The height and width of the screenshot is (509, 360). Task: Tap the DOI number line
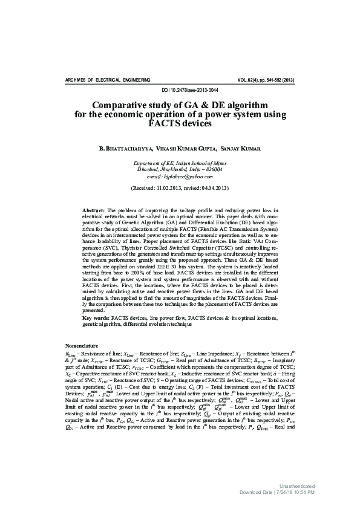[x=180, y=90]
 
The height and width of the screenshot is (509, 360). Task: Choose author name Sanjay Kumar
[x=241, y=148]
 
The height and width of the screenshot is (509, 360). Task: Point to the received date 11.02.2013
[x=168, y=188]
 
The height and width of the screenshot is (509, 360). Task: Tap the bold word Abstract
[x=94, y=209]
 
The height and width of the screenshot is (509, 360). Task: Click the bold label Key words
[x=95, y=317]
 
